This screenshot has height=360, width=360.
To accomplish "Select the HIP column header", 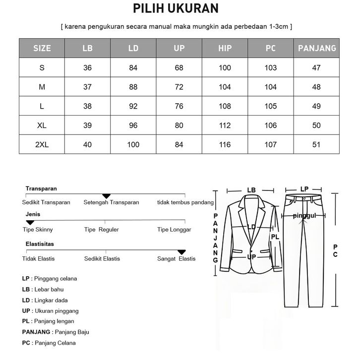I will click(x=225, y=48).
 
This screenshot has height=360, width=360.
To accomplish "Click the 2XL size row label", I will click(x=42, y=145).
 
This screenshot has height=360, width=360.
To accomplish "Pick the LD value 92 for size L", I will click(x=133, y=106).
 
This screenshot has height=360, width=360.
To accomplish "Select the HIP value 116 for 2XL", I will click(x=225, y=145).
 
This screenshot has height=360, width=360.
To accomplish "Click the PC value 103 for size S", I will click(x=271, y=67).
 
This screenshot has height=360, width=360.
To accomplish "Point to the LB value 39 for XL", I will click(x=88, y=125).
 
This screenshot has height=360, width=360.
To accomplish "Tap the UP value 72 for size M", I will click(x=179, y=87).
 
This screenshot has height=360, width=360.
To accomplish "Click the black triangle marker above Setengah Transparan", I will click(x=106, y=197).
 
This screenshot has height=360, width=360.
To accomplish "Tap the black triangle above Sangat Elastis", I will click(x=181, y=252).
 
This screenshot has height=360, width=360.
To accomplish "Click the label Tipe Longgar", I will click(x=174, y=230).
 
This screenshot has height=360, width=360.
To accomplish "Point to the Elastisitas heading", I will click(x=40, y=244).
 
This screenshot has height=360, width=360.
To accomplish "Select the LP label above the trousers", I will click(x=304, y=189).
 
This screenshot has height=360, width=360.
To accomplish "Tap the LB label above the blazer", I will click(x=251, y=190).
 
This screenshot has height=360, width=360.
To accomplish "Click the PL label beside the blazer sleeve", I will click(x=276, y=237).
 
